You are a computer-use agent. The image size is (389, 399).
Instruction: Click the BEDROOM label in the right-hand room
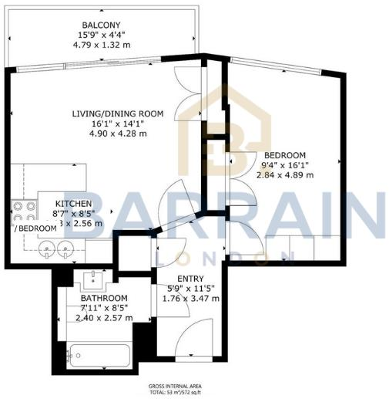pyautogui.click(x=285, y=154)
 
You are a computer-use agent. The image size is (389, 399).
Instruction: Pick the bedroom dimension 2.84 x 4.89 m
pyautogui.click(x=285, y=174)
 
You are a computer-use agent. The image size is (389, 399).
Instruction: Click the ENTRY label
pyautogui.click(x=189, y=278)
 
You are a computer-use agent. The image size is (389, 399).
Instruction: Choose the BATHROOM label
pyautogui.click(x=105, y=298)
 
